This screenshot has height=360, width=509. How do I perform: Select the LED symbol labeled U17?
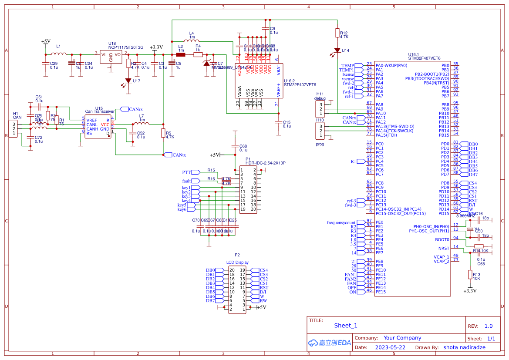[x=128, y=81]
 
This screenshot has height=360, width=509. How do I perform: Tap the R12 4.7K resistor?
[x=337, y=33]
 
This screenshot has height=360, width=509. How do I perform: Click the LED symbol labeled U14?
[x=337, y=50]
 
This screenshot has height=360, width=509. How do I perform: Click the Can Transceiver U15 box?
[x=98, y=126]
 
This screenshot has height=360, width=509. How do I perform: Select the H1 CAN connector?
[x=14, y=128]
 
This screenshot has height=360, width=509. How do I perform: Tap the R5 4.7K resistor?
[x=163, y=134]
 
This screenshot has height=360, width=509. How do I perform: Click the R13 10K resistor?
[x=470, y=274]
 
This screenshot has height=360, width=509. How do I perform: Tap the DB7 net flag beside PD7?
[x=469, y=175]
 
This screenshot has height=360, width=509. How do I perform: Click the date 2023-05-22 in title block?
[x=390, y=347]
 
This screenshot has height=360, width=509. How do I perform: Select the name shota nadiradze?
[x=464, y=347]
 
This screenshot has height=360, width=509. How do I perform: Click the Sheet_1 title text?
[x=345, y=325]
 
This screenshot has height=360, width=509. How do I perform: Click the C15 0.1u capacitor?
[x=278, y=122]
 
